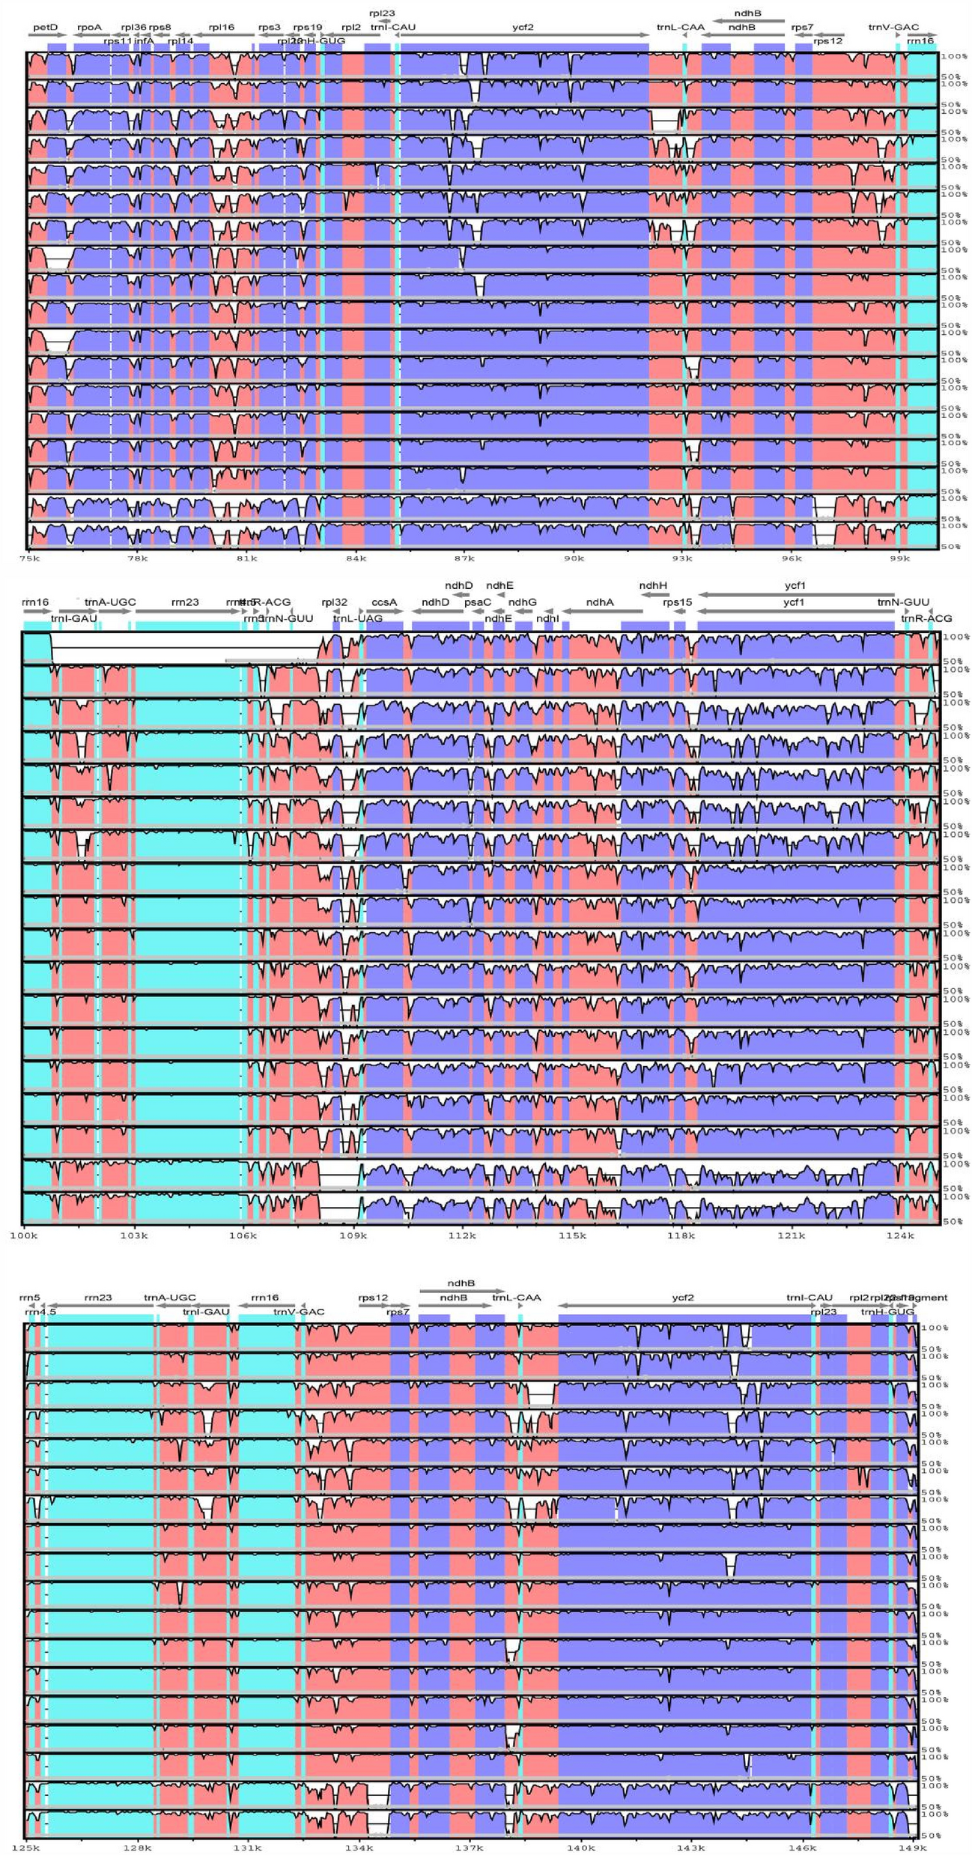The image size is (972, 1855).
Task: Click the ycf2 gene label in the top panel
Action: click(523, 27)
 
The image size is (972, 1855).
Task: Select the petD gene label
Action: click(45, 27)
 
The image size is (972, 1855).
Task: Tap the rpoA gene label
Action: click(89, 27)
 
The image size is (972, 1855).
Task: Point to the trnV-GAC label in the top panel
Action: click(893, 27)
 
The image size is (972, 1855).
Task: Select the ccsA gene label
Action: click(384, 602)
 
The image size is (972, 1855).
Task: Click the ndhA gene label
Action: click(600, 602)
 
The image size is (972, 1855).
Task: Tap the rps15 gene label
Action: click(677, 602)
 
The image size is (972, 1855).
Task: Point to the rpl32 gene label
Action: click(335, 602)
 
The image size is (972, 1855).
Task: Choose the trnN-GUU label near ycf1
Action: click(903, 602)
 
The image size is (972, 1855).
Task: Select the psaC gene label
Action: click(478, 602)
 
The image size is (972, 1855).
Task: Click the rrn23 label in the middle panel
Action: click(184, 602)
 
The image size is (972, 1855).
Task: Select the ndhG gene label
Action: click(522, 602)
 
